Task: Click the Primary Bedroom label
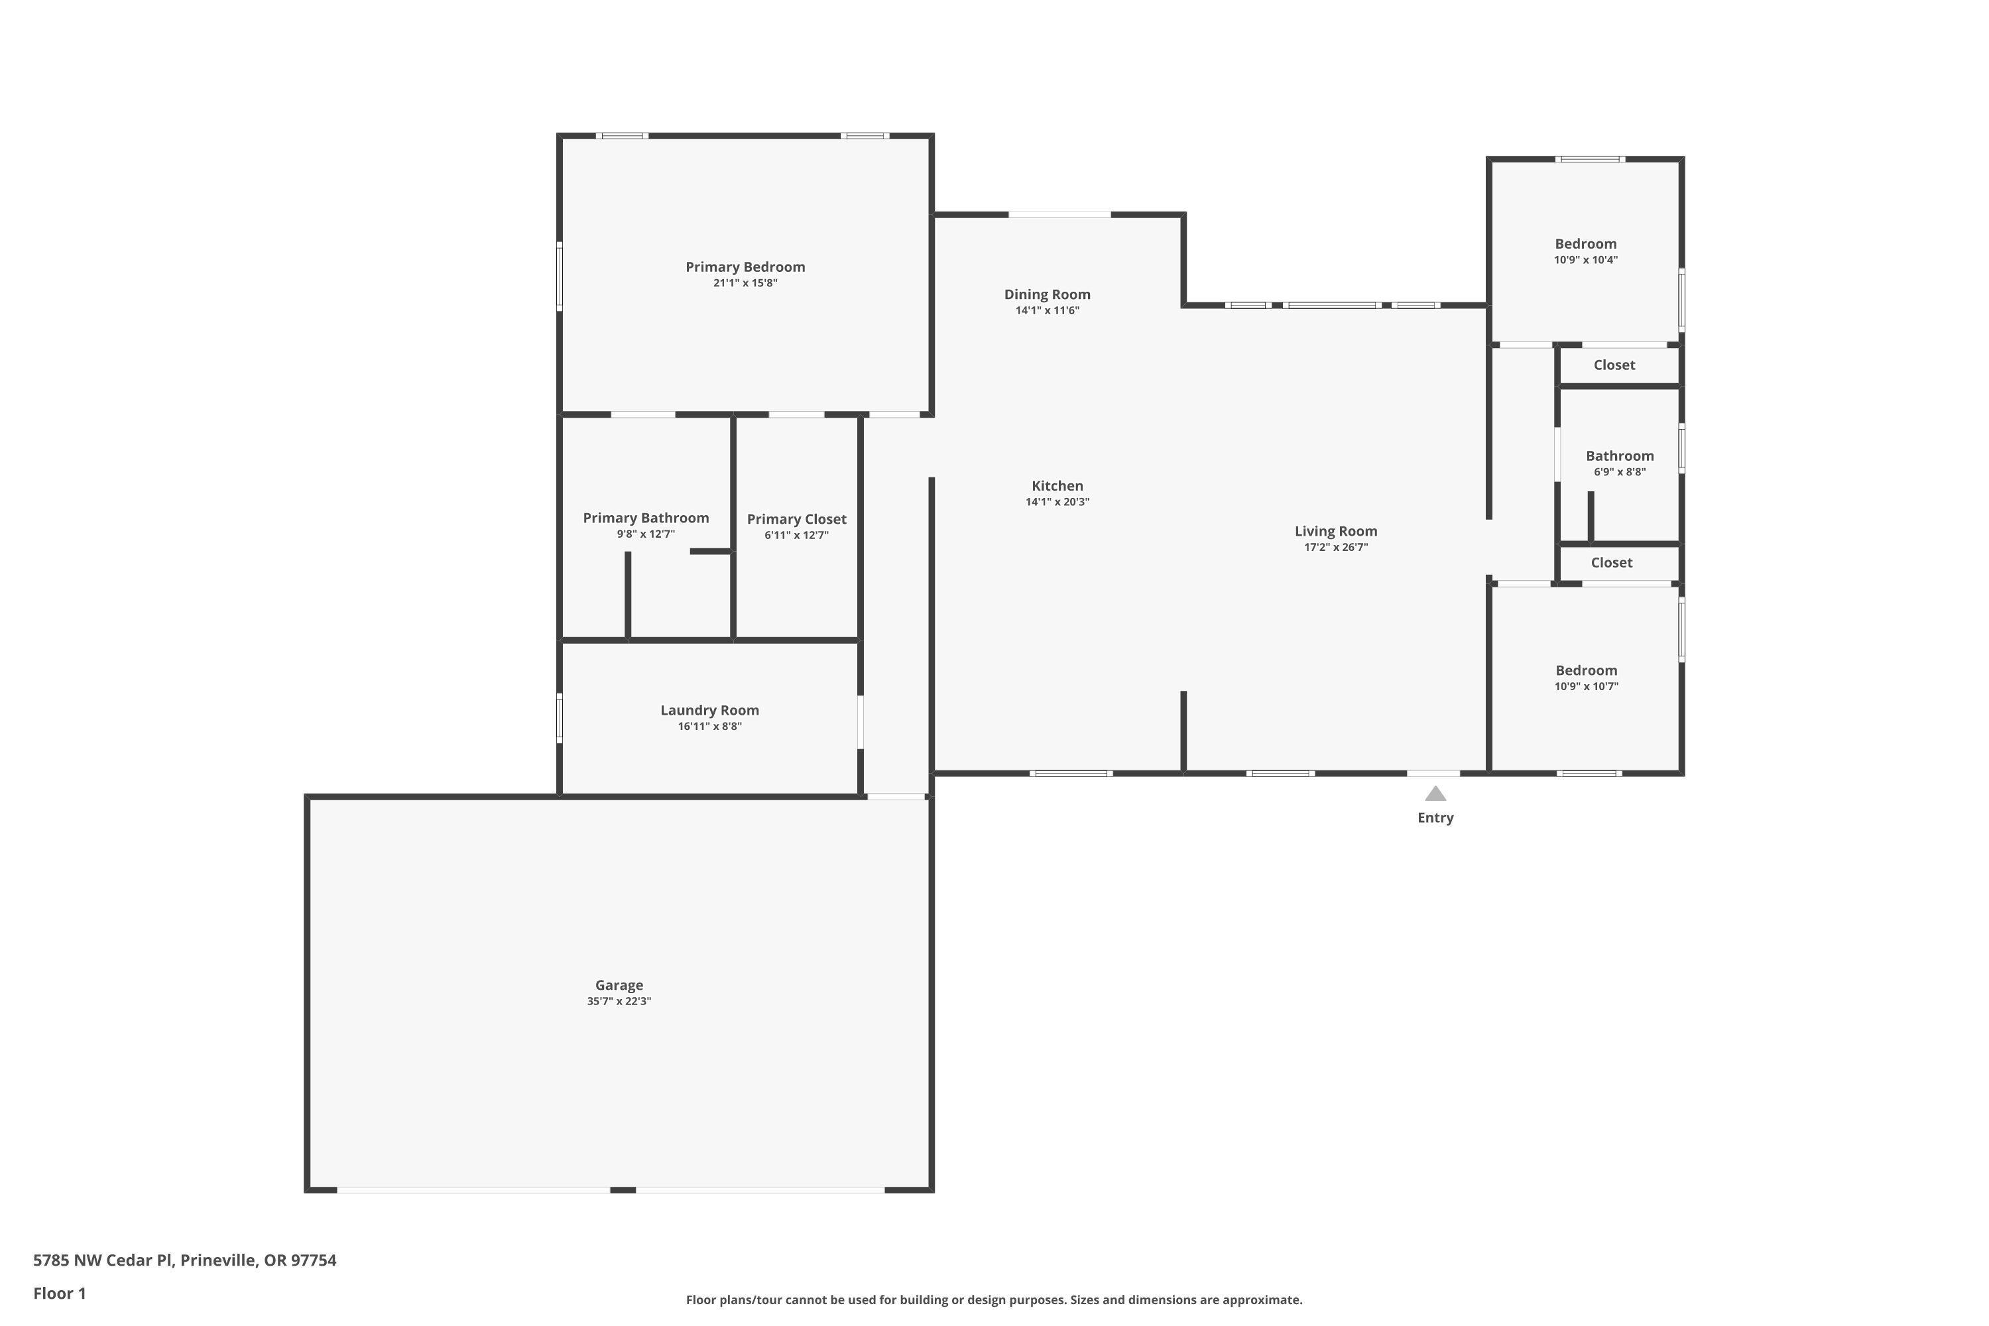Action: tap(745, 267)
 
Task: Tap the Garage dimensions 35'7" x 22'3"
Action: tap(619, 1001)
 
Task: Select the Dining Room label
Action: tap(1047, 294)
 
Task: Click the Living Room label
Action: tap(1335, 531)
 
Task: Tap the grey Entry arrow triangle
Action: tap(1435, 794)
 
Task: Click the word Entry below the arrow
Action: tap(1435, 817)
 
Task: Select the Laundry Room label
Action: tap(709, 710)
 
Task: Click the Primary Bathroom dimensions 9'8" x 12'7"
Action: tap(645, 534)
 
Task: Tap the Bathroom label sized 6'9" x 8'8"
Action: tap(1620, 456)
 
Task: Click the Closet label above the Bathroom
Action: tap(1614, 365)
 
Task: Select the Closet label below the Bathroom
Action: tap(1611, 562)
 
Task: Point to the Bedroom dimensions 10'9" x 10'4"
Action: tap(1586, 261)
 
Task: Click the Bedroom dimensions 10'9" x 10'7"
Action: tap(1586, 687)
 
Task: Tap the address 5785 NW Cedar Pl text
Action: tap(184, 1260)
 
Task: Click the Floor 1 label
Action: tap(59, 1293)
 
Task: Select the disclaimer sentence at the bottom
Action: tap(994, 1299)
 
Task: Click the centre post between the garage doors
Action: tap(623, 1190)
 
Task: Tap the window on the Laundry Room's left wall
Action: tap(559, 719)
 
